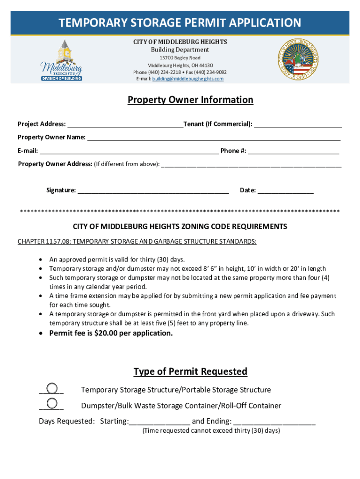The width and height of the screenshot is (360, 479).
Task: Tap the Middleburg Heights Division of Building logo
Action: (x=62, y=60)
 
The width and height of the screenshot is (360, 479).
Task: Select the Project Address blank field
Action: (x=125, y=124)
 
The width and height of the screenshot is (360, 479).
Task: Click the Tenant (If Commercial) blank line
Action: (x=298, y=124)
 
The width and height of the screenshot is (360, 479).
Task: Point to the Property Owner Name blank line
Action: (x=214, y=138)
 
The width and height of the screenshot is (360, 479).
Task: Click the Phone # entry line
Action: (x=294, y=151)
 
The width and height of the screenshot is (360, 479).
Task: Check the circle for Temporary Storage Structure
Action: (x=52, y=389)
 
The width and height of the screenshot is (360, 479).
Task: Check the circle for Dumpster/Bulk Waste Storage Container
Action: (x=52, y=404)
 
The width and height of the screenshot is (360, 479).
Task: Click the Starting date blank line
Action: (x=159, y=421)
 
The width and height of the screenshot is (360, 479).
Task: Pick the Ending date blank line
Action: (x=274, y=421)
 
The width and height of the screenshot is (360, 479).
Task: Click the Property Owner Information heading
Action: (x=191, y=100)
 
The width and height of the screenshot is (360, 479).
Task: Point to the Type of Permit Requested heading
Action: (x=190, y=371)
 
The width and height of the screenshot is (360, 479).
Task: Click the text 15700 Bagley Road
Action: (x=180, y=58)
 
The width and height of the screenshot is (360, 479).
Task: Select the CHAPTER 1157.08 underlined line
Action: (x=137, y=241)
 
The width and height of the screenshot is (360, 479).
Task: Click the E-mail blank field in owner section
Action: (x=129, y=151)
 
